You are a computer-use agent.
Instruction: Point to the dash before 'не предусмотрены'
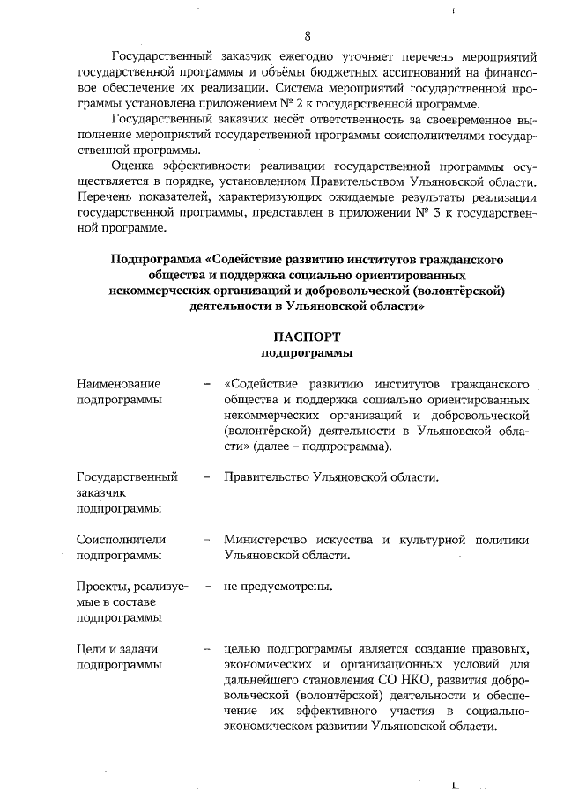tap(206, 586)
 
